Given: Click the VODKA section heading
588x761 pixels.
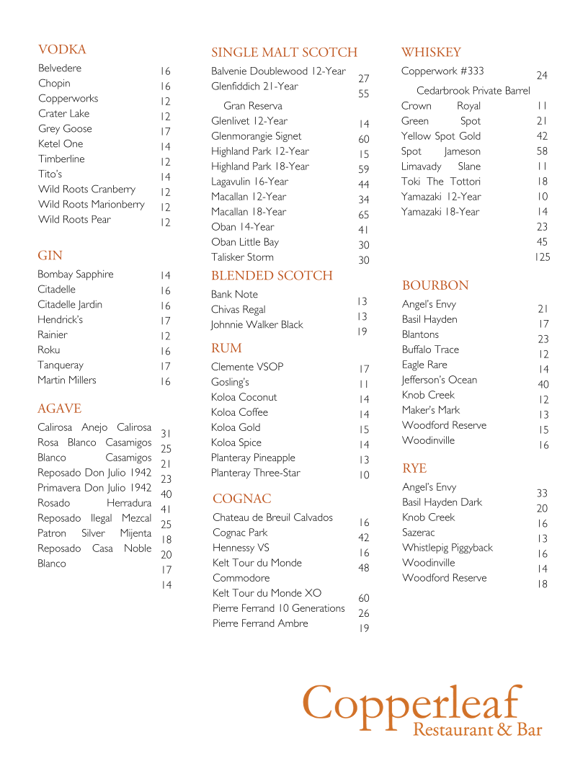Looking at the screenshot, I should (62, 50).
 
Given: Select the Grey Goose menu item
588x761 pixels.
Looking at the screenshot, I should (65, 129).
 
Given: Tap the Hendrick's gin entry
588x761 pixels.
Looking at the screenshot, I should (60, 320).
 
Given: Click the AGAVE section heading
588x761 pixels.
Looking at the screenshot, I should (59, 409).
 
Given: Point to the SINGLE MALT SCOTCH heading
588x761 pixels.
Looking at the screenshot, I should (284, 53).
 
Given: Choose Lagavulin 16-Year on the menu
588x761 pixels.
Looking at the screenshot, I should (249, 182).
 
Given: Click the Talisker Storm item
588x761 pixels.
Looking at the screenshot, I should (242, 257).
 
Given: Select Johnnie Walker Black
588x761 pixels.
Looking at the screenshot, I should (257, 325).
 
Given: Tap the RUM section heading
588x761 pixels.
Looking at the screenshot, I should (226, 348).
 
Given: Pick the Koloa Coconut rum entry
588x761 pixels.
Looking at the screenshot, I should (244, 397).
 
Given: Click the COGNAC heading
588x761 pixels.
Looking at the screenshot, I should (241, 499).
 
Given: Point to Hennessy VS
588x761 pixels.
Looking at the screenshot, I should (241, 548).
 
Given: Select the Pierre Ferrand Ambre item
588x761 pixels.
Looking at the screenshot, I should (260, 623).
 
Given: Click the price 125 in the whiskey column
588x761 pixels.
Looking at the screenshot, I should (542, 257).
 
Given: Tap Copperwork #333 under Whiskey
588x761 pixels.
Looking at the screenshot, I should (442, 71).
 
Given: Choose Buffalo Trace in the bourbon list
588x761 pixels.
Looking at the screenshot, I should (430, 350).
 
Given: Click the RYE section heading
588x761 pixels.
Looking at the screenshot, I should (414, 468).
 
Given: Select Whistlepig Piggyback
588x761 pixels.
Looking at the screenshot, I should (447, 548).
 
